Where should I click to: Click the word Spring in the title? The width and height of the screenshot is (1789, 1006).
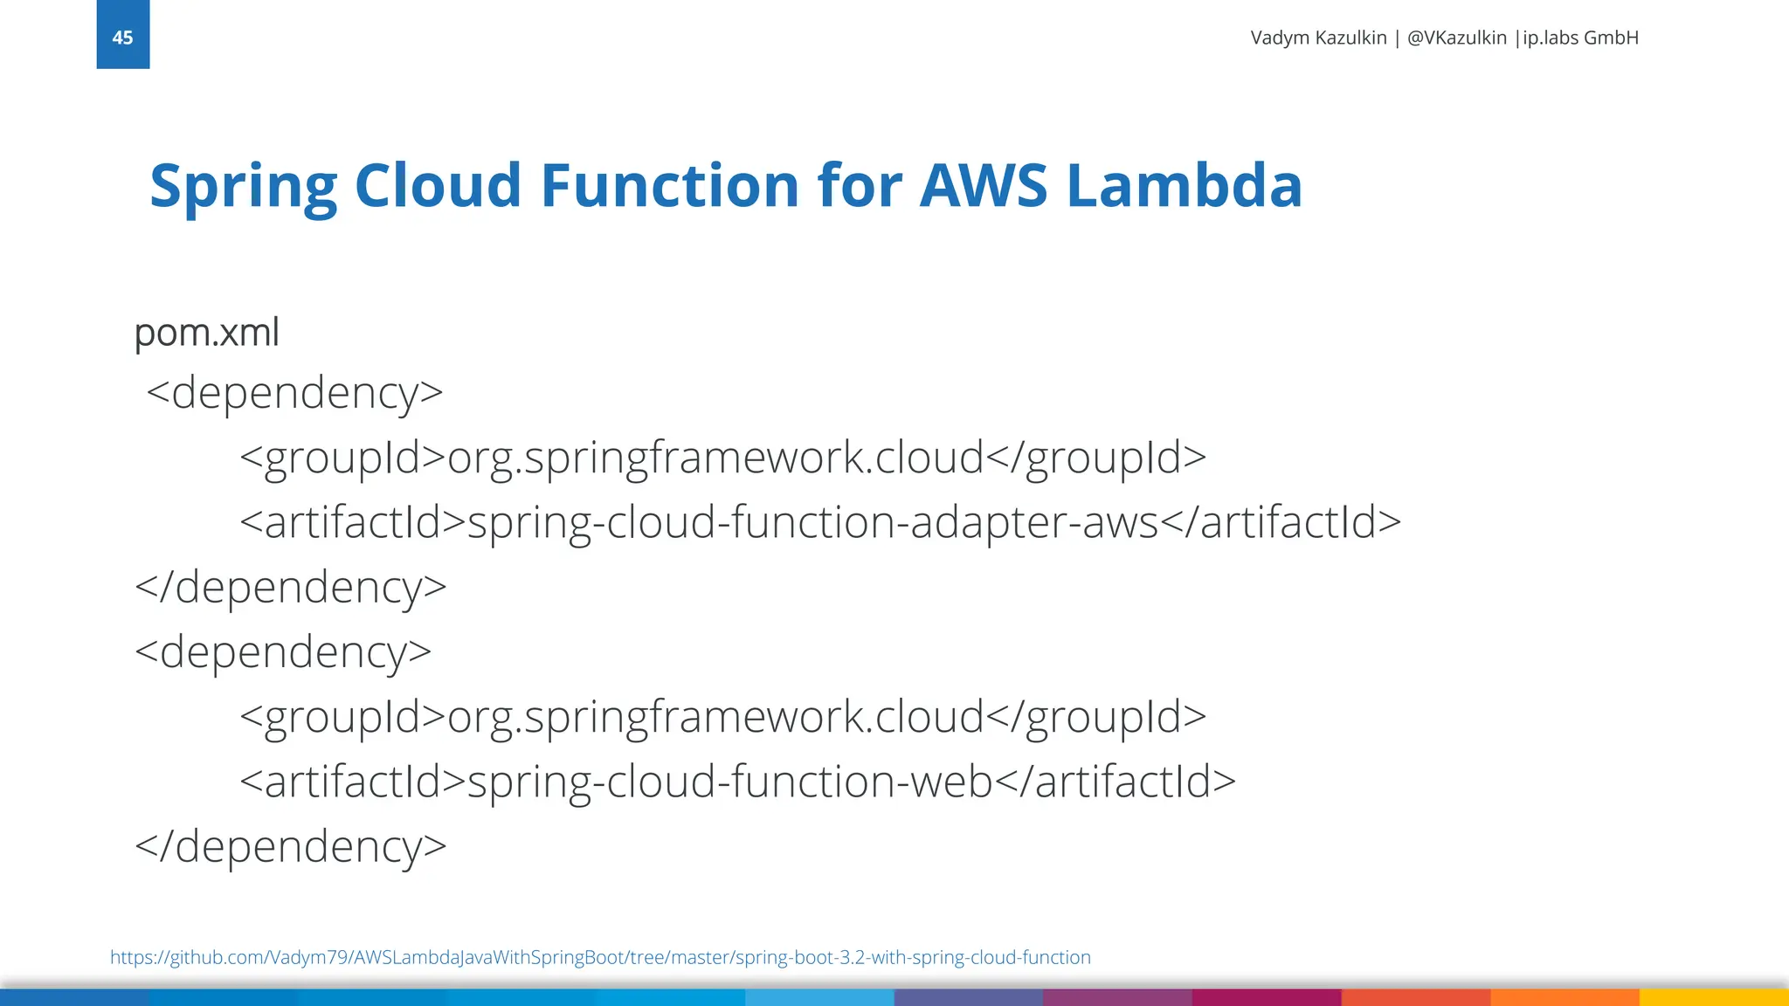(243, 187)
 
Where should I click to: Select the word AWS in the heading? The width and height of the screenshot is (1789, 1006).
(983, 185)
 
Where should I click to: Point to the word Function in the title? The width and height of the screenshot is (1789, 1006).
(670, 185)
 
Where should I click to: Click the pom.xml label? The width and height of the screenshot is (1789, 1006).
(207, 333)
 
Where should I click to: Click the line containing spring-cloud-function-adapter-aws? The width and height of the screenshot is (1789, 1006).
(819, 522)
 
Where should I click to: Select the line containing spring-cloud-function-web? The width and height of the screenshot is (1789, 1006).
(737, 782)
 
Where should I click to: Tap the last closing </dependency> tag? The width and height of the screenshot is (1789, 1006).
(291, 846)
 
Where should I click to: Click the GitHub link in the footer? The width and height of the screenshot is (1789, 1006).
(600, 957)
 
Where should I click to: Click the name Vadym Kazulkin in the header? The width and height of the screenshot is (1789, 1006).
(1318, 38)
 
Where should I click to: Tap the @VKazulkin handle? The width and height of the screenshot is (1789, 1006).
(1456, 38)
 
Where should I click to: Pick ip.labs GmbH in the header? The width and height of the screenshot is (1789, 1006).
(1580, 38)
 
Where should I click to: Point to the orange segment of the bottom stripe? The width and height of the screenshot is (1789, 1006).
(1564, 997)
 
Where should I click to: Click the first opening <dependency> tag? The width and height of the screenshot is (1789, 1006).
(294, 392)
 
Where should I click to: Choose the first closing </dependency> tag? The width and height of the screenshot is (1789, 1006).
(291, 587)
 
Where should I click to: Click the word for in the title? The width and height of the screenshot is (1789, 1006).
(860, 185)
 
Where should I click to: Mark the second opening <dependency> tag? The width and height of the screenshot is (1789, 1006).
(283, 652)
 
